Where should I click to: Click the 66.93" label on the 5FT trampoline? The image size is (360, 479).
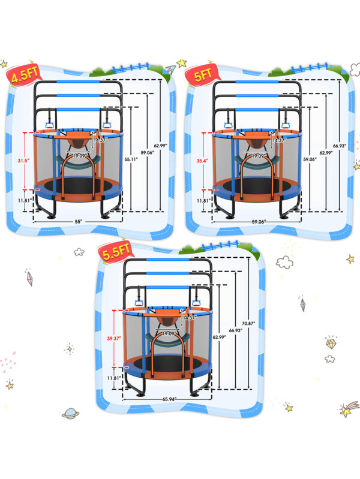[347, 145]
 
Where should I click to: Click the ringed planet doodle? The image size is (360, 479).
[71, 414]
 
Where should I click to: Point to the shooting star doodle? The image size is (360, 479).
[347, 410]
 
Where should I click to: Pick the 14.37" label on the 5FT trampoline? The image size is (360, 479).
[279, 140]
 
